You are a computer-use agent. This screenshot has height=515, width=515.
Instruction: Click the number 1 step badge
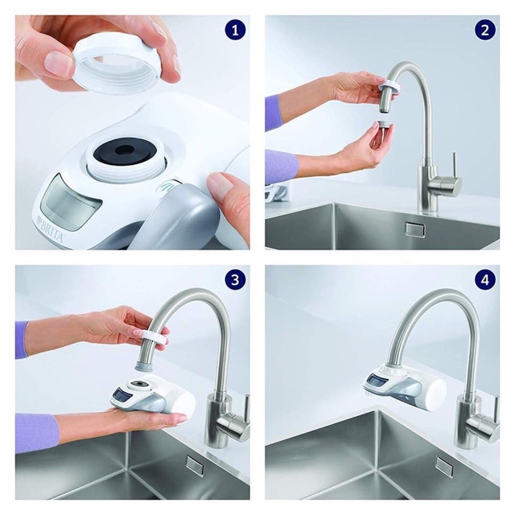[235, 31]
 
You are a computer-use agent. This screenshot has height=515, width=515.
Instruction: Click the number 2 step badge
[485, 31]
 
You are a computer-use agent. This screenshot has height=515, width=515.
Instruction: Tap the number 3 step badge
[235, 280]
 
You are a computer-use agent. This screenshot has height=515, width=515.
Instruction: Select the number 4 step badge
[485, 280]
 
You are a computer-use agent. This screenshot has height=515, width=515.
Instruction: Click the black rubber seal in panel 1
[122, 152]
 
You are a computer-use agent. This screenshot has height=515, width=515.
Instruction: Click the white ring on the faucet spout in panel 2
[389, 86]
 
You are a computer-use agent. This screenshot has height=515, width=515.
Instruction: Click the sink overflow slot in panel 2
[415, 229]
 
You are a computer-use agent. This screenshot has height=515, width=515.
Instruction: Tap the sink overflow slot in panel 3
[194, 466]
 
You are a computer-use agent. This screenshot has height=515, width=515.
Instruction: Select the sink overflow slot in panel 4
[445, 466]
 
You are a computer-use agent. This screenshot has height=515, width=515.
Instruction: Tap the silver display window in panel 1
[70, 202]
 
